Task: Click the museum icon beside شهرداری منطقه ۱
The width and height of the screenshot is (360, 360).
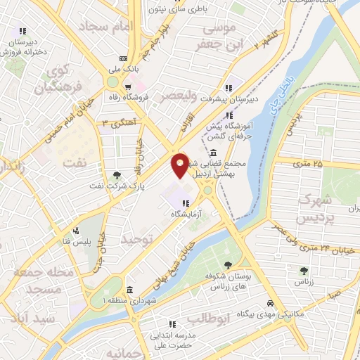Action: click(129, 290)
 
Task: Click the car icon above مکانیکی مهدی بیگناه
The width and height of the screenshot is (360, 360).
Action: click(270, 304)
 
